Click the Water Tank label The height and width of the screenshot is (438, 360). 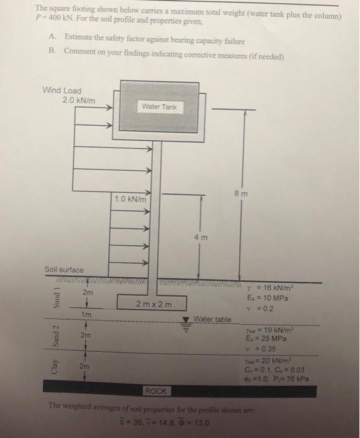coord(159,107)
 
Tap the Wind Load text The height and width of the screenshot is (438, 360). coord(61,91)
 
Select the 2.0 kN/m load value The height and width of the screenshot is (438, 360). coord(78,99)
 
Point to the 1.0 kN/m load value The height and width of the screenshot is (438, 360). coord(130,199)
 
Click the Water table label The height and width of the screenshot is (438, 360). coord(213,319)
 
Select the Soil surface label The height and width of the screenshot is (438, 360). coord(63,270)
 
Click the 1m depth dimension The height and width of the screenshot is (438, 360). coord(87,313)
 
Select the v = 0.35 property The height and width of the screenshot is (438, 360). coord(263,349)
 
